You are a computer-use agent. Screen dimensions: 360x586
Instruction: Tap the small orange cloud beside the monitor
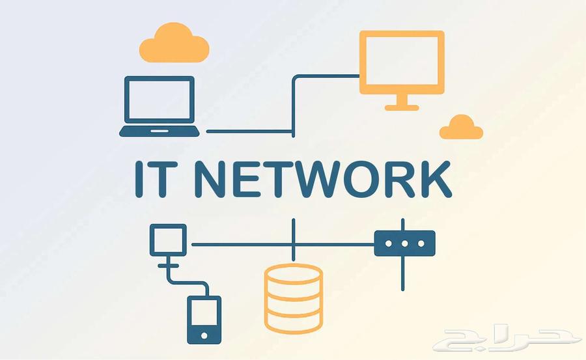(461, 128)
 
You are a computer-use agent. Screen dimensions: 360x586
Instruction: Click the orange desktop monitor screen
(402, 62)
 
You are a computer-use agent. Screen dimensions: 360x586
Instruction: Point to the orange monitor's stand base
(402, 107)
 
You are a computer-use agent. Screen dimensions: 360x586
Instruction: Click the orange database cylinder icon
(294, 298)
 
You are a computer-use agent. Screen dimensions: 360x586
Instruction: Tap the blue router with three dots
(404, 243)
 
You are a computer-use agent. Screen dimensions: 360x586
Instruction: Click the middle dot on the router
(404, 243)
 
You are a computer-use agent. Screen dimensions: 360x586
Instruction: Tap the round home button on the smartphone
(204, 336)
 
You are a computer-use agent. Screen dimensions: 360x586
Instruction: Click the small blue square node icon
(168, 239)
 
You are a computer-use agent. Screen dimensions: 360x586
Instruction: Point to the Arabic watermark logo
(509, 339)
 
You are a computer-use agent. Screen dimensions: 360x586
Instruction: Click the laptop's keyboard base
(160, 132)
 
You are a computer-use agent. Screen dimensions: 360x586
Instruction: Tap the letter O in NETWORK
(372, 179)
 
